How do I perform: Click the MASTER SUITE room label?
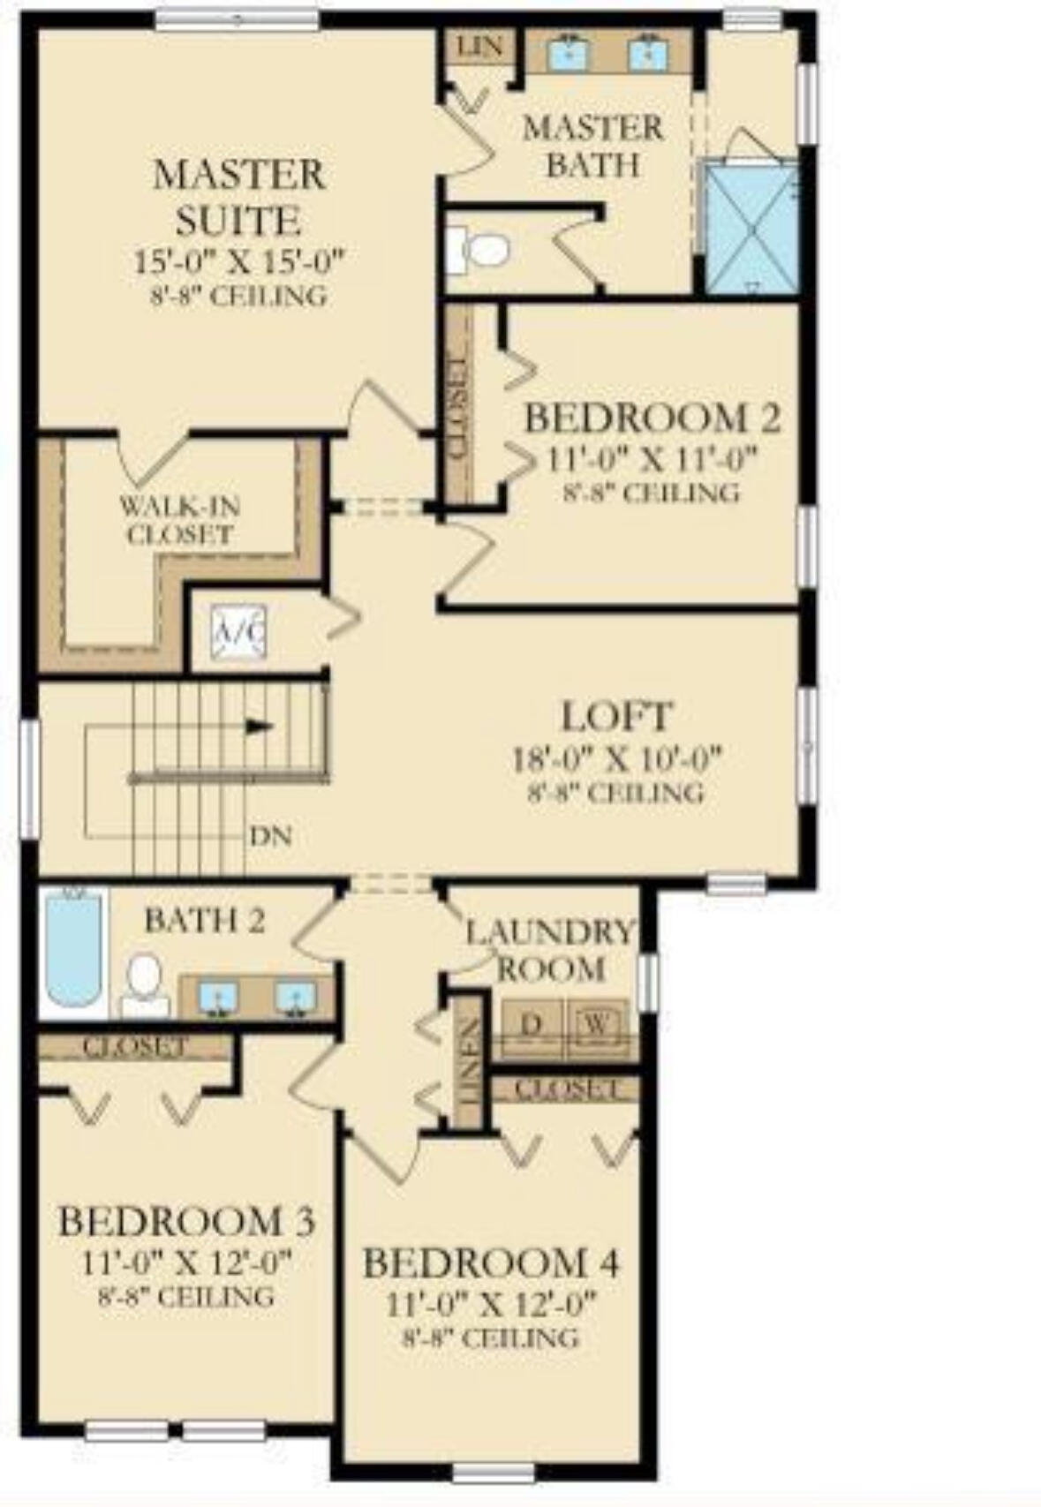pos(238,197)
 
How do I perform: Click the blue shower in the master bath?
pos(752,228)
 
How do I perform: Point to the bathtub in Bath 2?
pos(73,949)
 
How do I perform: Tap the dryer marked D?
pos(531,1026)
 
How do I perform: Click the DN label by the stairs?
pos(270,835)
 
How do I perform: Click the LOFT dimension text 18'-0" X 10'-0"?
pos(617,758)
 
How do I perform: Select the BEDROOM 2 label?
pos(653,418)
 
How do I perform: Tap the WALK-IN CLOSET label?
pos(180,521)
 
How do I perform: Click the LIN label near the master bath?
pos(480,46)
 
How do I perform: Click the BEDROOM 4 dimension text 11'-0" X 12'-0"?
pos(492,1303)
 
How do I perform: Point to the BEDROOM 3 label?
pos(186,1222)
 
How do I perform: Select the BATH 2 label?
pos(204,921)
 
